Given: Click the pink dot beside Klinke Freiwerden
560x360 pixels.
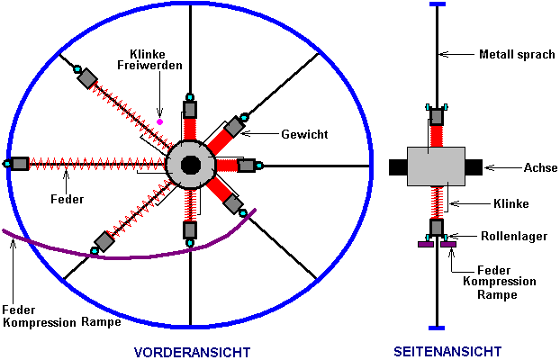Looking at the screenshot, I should [160, 121].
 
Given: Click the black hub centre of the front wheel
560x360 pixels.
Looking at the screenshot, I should [190, 165].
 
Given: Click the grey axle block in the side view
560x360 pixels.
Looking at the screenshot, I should [437, 166].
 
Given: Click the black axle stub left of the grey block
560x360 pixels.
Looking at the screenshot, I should [398, 166].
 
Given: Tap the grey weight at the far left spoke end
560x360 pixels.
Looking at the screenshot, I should [20, 164].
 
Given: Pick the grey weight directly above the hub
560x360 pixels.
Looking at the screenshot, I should [190, 109].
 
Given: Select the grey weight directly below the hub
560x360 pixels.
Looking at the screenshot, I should [190, 230].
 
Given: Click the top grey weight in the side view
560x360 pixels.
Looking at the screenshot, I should [437, 116].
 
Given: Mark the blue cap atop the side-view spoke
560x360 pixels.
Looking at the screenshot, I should [437, 4].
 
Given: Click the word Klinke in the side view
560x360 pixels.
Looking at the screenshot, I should [510, 204].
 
